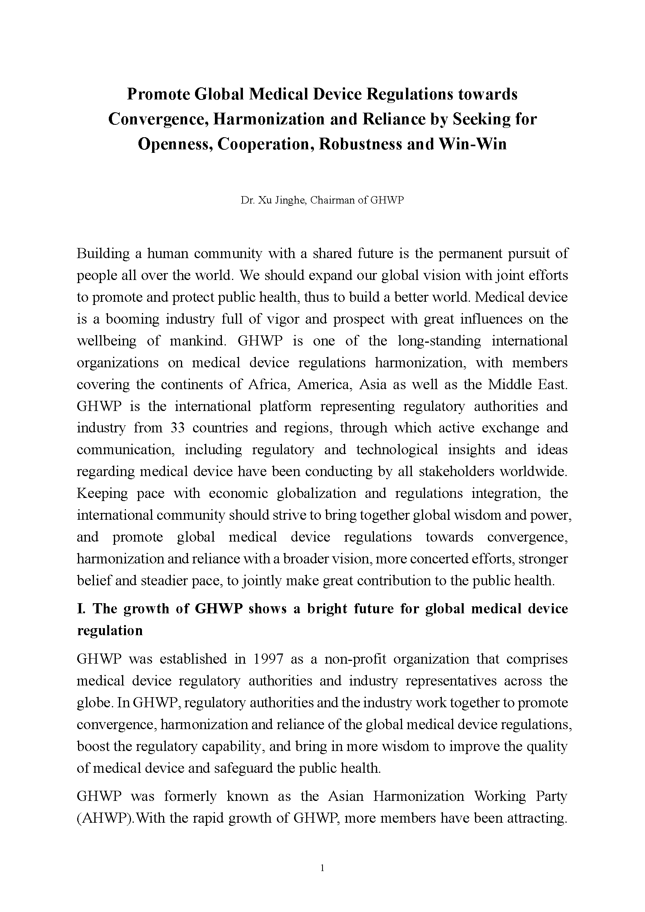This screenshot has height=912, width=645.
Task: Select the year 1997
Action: click(x=268, y=659)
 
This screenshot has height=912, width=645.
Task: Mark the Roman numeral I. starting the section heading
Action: click(x=81, y=609)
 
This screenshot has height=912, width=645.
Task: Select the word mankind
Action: click(x=197, y=341)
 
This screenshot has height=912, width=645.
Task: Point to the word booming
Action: click(x=130, y=319)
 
